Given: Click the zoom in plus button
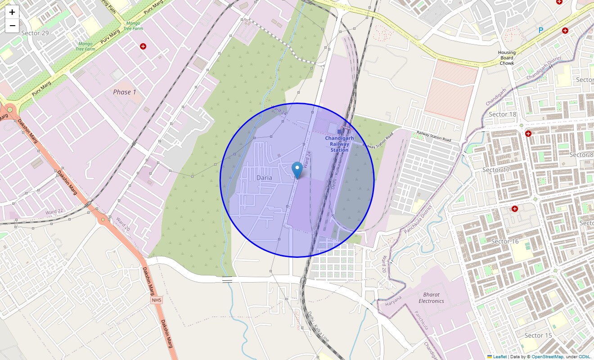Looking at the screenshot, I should click(x=12, y=12).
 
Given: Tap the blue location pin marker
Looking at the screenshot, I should click(x=297, y=171).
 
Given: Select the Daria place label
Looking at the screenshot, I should click(x=264, y=178).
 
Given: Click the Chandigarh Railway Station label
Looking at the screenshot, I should click(x=339, y=144).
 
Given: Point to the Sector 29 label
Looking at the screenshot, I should click(x=35, y=33).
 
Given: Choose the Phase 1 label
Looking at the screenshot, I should click(x=125, y=92).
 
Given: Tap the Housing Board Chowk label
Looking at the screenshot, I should click(x=507, y=58).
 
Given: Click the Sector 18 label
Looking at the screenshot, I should click(x=502, y=114).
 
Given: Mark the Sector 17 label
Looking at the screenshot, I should click(x=496, y=170).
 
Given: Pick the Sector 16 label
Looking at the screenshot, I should click(x=505, y=241).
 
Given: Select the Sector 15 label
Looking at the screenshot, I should click(x=538, y=335).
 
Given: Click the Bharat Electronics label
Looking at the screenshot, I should click(x=431, y=297).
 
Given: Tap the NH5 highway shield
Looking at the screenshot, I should click(x=156, y=300).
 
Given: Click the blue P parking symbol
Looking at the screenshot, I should click(x=541, y=30).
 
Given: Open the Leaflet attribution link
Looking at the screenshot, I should click(x=499, y=356).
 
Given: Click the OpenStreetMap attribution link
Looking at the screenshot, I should click(x=547, y=356).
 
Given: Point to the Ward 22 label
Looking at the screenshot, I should click(x=54, y=211).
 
